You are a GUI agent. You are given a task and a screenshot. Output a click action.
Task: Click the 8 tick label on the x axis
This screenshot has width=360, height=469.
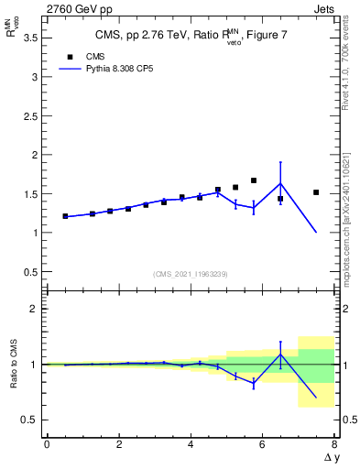(334, 446)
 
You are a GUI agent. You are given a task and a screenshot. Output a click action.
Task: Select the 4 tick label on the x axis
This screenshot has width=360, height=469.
(191, 446)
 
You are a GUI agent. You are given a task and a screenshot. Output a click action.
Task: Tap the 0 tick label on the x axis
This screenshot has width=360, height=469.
(47, 446)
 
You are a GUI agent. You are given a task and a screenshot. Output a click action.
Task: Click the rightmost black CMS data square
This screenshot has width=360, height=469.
(316, 192)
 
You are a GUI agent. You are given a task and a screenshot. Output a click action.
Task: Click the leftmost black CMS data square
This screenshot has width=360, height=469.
(65, 216)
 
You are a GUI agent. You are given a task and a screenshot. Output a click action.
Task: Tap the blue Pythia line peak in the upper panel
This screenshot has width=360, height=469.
(280, 182)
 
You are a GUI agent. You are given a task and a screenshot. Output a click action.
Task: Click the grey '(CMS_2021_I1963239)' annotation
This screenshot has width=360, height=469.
(191, 274)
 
